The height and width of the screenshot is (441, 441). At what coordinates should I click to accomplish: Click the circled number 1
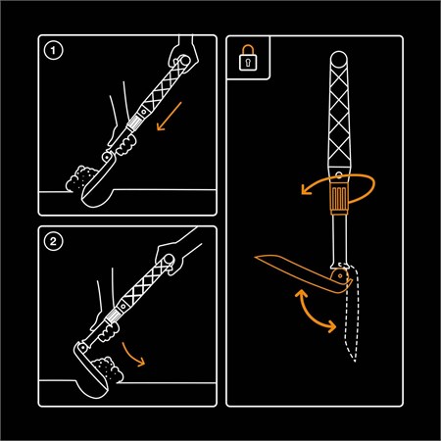coord(53,51)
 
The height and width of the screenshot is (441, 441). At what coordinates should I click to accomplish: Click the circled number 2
coord(53,242)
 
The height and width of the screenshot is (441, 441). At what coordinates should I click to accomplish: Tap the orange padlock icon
coord(248,58)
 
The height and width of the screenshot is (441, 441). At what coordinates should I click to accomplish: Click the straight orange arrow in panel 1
coord(169,117)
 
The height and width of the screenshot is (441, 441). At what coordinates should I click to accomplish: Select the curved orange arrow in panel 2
coord(133,354)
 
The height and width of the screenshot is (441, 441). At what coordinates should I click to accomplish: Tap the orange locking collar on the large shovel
coord(339,198)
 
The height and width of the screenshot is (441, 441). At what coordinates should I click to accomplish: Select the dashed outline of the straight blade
coord(350,314)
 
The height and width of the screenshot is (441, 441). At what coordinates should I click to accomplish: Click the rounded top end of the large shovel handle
coord(339,59)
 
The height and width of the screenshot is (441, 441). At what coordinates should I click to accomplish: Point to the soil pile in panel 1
coord(80,178)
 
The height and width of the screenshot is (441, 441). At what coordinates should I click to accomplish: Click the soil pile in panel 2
coord(108,369)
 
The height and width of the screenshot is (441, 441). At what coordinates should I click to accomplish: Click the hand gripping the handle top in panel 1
coord(183,54)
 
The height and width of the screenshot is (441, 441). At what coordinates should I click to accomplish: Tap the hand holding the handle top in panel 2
coord(170,258)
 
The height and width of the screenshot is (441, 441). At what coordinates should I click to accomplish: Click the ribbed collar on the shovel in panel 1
coord(133,124)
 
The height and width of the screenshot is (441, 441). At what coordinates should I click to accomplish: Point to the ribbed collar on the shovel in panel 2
coord(112,317)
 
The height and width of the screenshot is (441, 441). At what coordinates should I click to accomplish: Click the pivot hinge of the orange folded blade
coord(340,276)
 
